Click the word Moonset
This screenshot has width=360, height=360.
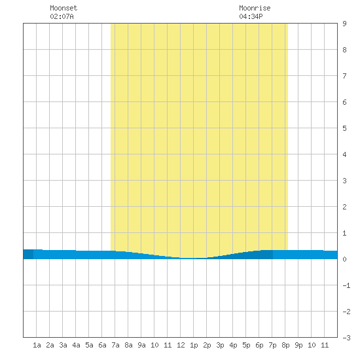(63, 8)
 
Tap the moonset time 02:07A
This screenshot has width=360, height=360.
(62, 16)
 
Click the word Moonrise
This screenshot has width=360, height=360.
(255, 8)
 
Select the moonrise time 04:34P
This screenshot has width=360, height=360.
(251, 16)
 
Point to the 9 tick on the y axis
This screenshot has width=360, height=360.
(344, 24)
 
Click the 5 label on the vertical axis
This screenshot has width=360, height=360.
(344, 128)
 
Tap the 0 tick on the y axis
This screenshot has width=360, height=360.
(344, 259)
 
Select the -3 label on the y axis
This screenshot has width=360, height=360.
(346, 338)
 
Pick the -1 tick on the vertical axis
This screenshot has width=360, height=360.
(346, 285)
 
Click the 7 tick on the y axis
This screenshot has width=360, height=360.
(344, 76)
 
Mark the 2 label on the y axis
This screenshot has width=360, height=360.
(344, 207)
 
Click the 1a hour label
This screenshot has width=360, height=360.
(37, 345)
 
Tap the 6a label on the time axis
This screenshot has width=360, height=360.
(102, 345)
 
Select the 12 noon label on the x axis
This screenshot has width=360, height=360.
(181, 345)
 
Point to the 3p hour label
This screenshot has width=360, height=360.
(220, 345)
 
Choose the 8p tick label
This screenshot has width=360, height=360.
(285, 345)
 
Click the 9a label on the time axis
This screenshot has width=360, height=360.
(141, 345)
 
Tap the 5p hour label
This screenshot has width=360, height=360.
(246, 345)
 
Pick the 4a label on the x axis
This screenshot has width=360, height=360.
(76, 345)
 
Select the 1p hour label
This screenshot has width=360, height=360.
(194, 345)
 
